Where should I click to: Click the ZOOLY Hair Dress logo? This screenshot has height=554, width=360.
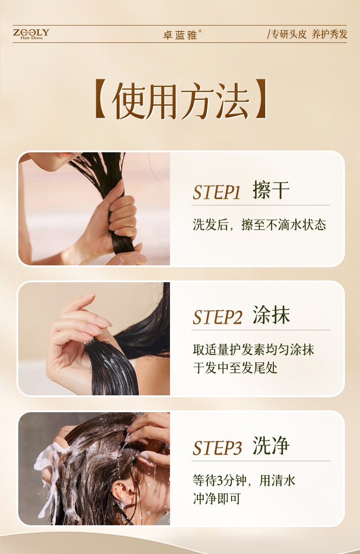click(x=31, y=34)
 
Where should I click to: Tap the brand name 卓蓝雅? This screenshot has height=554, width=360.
click(x=180, y=35)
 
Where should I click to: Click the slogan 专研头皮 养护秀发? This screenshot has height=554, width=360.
click(x=307, y=34)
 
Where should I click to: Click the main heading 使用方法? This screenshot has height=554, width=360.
click(x=180, y=100)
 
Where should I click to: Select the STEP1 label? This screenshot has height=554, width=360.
click(x=216, y=192)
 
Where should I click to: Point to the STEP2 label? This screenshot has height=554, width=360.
click(x=217, y=317)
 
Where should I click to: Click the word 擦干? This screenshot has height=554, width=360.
click(x=271, y=190)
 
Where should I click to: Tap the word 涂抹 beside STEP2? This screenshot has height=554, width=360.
click(x=271, y=315)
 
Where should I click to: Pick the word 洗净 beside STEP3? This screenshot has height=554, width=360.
click(x=271, y=445)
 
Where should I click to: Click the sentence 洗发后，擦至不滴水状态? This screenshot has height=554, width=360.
click(x=259, y=225)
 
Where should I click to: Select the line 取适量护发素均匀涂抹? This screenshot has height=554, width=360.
click(x=253, y=350)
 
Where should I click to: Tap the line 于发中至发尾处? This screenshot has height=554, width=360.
click(x=235, y=368)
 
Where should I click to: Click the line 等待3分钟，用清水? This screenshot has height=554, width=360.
click(x=244, y=481)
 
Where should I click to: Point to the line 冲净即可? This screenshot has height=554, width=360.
click(x=217, y=499)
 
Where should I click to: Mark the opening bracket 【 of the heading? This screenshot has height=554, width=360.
click(x=102, y=99)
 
